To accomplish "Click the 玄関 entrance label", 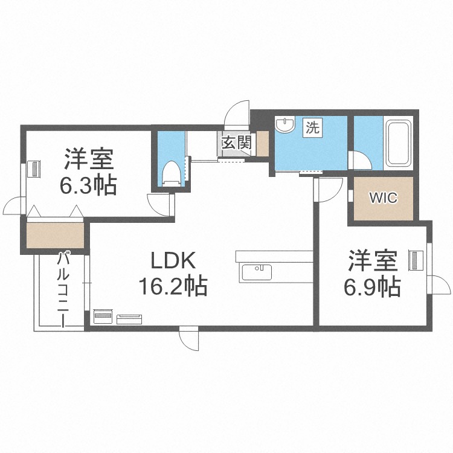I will [237, 144].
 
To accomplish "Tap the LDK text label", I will [172, 261].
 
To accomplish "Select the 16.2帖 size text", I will [173, 286].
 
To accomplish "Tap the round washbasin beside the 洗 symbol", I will [284, 126].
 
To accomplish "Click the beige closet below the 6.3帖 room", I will [55, 236].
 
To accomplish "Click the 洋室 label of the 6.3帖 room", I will [88, 160].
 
